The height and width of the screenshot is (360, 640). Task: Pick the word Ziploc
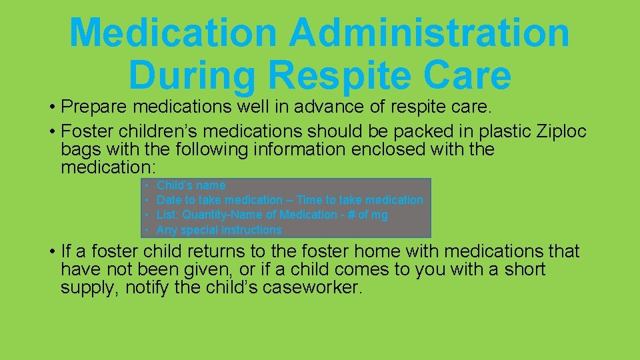[561, 131]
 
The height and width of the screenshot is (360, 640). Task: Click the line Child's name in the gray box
[191, 185]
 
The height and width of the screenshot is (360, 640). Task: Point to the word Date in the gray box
[169, 200]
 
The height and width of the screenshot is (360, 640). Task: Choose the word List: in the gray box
[168, 215]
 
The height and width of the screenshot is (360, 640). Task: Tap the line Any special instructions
[219, 230]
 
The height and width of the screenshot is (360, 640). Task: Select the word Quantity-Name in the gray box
[220, 215]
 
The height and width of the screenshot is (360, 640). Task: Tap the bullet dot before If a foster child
[51, 252]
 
